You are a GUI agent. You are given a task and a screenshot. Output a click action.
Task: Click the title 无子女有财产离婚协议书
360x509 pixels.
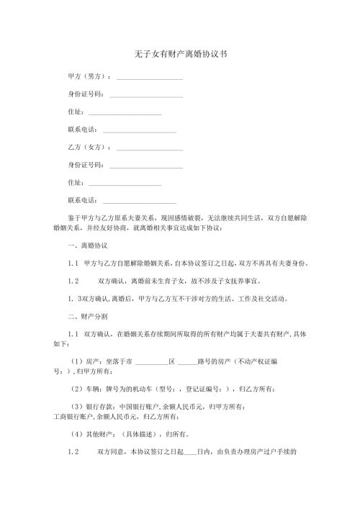point(181,55)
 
